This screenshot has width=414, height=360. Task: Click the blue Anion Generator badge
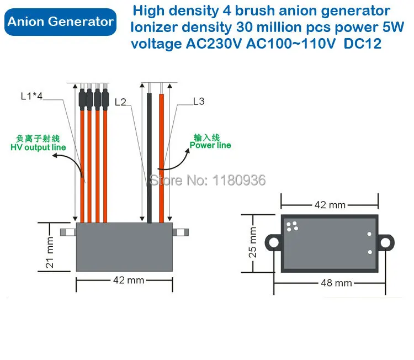coord(61,22)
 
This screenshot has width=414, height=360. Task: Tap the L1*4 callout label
coord(31,96)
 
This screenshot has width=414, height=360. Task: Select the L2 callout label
coord(120,102)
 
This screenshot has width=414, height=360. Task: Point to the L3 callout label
coord(199,101)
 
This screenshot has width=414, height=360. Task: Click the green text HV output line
coord(38,147)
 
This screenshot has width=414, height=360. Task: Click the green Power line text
coord(210,145)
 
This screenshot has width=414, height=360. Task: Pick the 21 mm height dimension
coord(50,252)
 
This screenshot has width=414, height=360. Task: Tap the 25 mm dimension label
coord(252,242)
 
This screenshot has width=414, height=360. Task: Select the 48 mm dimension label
coord(336,283)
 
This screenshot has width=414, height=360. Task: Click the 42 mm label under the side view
coord(129,280)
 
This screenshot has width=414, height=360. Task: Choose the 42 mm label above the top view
coord(330,205)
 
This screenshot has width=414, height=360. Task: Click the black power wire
coord(149,158)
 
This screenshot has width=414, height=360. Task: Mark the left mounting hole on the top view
coord(274,242)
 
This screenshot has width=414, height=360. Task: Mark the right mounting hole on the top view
coord(385,242)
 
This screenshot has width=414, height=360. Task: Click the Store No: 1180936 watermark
coord(208,181)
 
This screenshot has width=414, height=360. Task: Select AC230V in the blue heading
coord(214,44)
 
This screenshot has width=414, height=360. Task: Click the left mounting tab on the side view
coord(68,232)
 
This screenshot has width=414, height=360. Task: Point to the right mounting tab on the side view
coord(181,232)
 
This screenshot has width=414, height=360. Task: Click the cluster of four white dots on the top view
coord(292,226)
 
